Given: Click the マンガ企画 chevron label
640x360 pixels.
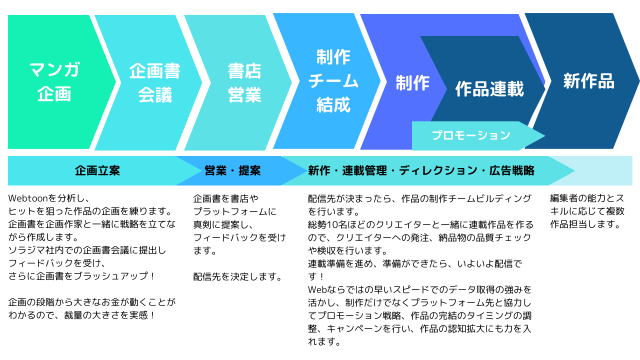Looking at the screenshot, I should [54, 81].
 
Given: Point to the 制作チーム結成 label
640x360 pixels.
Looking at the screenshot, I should [333, 81].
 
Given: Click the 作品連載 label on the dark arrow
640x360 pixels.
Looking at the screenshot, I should [489, 88].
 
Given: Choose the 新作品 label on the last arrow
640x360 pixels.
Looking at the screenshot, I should [588, 81].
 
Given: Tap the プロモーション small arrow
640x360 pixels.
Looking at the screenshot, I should [471, 135].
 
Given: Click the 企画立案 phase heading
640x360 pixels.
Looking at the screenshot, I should [97, 170].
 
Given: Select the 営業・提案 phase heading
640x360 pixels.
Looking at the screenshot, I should [232, 170].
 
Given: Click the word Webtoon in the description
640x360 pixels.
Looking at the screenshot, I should [28, 198].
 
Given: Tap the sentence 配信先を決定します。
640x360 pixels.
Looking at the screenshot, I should [237, 276].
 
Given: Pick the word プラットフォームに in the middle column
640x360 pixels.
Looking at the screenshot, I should [234, 211].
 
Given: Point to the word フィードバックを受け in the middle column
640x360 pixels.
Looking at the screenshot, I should [239, 237].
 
